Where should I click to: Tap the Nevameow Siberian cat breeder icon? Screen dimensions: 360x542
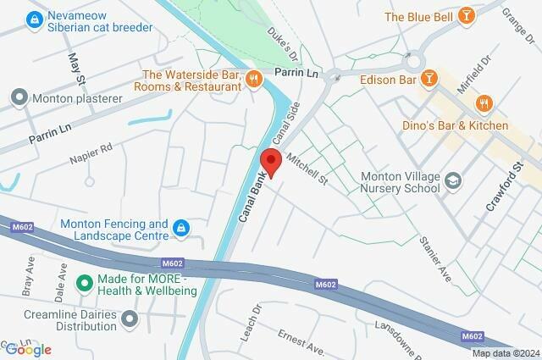[x=34, y=19]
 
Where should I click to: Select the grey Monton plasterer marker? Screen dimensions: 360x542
[x=19, y=98]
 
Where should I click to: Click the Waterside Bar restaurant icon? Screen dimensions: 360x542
[x=252, y=80]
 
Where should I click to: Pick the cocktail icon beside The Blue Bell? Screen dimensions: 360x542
[x=465, y=16]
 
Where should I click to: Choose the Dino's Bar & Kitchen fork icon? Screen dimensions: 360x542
[x=484, y=104]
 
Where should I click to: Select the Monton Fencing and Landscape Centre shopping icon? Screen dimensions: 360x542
[x=180, y=227]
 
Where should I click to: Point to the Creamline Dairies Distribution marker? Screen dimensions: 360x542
[x=130, y=318]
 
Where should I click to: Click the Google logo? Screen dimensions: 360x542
[x=27, y=349]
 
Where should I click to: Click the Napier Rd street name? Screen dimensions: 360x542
[x=94, y=152]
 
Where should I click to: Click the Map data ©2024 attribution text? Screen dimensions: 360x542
[x=505, y=352]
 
